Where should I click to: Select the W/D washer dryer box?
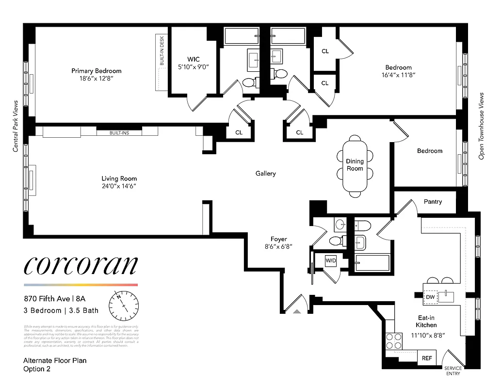tap(331, 260)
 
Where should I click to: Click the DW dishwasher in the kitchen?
tap(430, 297)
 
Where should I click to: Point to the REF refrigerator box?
tap(426, 358)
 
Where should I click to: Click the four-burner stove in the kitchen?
tap(393, 341)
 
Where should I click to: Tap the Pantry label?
tap(433, 201)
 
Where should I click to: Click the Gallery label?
tap(266, 173)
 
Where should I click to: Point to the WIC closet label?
tap(194, 59)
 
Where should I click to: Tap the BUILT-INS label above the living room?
tap(119, 132)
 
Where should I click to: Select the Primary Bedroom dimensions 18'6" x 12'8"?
tap(96, 78)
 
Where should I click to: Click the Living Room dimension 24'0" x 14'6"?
tap(119, 186)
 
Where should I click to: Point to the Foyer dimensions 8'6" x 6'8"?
tap(278, 246)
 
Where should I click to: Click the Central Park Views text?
tap(16, 126)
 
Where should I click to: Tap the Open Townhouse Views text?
tap(482, 126)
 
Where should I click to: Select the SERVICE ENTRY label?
tap(453, 371)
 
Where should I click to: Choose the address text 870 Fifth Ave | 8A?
tap(58, 299)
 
